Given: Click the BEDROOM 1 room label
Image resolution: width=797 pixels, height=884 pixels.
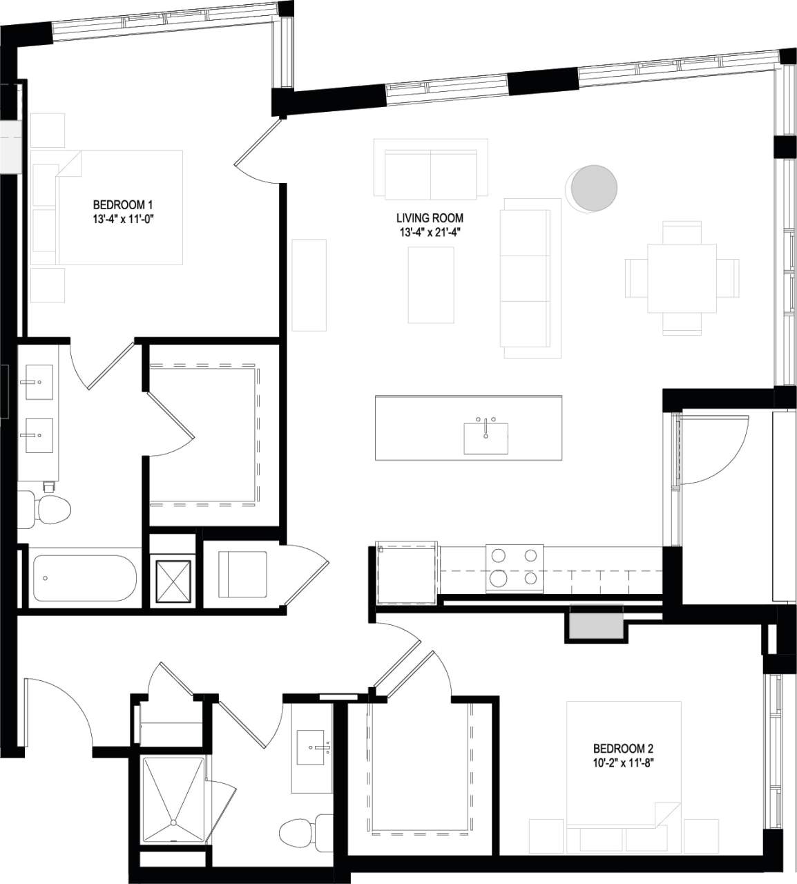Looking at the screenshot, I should [122, 205].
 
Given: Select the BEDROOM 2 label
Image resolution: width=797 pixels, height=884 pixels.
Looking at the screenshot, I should [623, 749].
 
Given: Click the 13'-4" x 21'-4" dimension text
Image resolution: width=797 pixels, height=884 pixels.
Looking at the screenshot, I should [430, 232].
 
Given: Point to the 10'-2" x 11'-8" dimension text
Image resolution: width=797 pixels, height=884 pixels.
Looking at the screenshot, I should [623, 763].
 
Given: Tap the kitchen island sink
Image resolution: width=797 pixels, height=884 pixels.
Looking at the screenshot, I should [486, 438].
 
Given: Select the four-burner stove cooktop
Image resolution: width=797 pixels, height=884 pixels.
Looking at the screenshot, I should [514, 568].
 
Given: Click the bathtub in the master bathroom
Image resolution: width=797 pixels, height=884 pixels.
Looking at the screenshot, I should [84, 577].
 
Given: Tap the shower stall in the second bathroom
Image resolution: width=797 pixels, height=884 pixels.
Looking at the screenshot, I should [173, 799].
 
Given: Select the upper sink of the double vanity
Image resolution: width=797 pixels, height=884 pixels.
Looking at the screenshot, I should [39, 382].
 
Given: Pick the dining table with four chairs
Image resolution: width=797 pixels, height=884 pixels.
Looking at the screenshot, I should [682, 278].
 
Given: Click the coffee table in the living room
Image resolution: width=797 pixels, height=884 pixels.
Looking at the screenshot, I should [430, 285].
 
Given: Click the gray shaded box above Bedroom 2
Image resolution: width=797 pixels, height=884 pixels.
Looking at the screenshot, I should [595, 625].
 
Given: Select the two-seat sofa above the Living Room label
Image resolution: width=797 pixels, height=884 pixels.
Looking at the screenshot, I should [430, 169].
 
